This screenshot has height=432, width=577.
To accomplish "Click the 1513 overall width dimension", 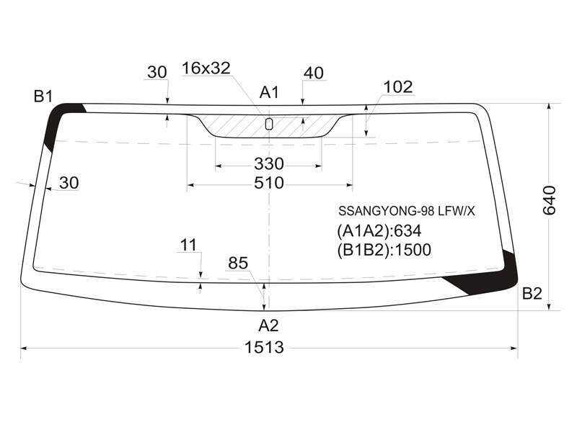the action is [x=264, y=347].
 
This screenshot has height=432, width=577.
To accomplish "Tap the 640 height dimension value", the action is [x=550, y=200].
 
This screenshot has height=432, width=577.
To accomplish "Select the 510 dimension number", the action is [x=268, y=183].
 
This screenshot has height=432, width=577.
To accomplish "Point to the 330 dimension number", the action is [x=268, y=164].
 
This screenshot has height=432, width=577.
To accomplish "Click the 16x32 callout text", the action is [x=206, y=68].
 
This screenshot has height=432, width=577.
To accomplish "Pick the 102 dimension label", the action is [x=398, y=87].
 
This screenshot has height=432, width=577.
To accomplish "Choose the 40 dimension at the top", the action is [x=314, y=73].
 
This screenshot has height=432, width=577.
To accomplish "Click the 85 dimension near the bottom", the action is [x=238, y=263].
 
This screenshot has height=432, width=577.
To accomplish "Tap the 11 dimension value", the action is [x=189, y=245].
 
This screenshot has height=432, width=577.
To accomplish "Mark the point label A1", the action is [x=269, y=93].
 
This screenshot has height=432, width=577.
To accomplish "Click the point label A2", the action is [x=268, y=325].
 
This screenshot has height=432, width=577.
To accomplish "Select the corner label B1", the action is [x=43, y=96].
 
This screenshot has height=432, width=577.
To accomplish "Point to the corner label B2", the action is [x=532, y=294].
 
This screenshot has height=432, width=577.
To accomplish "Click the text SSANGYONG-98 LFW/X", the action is [x=407, y=211].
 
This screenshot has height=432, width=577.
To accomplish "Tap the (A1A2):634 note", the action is [x=379, y=231].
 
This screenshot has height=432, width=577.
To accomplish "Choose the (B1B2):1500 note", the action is [x=384, y=250].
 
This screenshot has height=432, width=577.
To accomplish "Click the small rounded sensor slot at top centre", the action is [x=269, y=124].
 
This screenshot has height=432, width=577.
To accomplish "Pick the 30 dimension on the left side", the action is [x=69, y=183].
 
